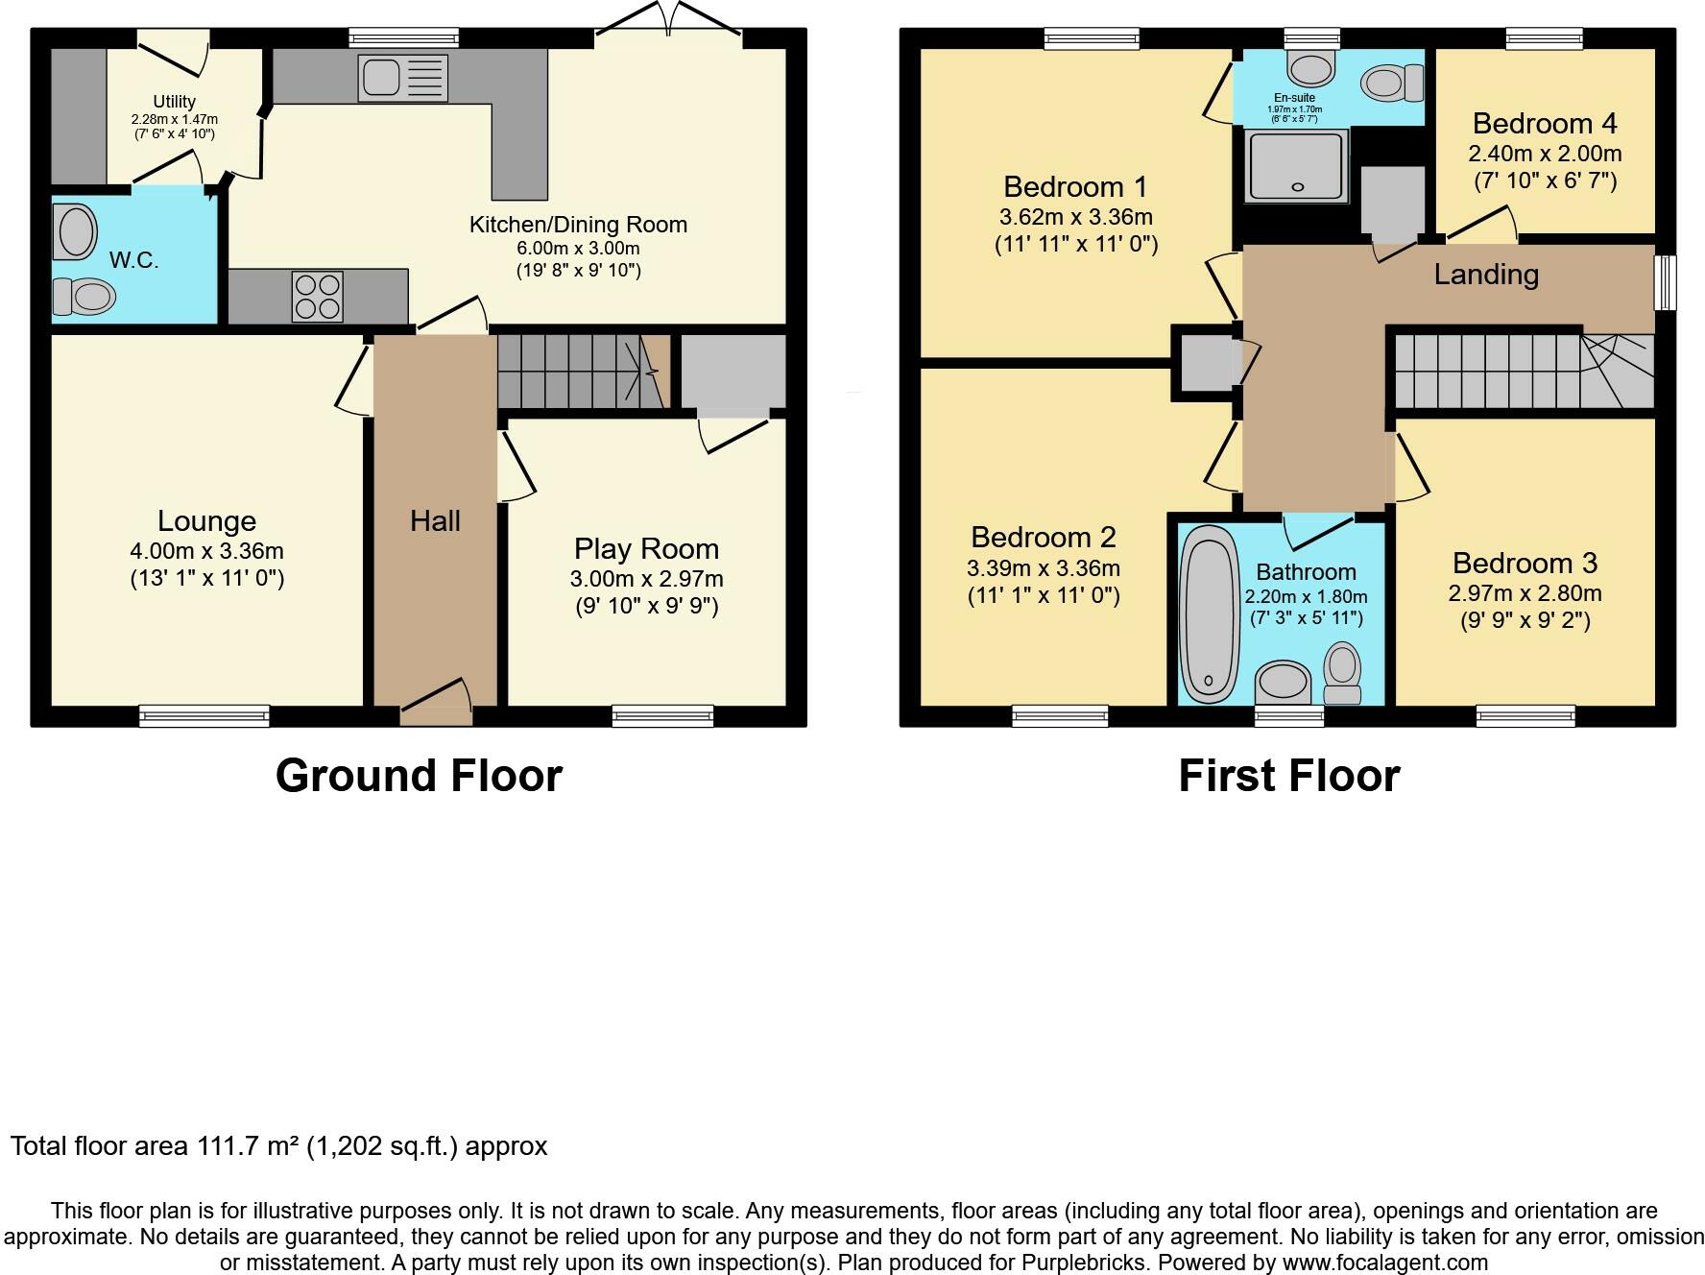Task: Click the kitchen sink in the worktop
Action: click(x=402, y=78)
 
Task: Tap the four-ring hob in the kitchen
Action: click(x=318, y=297)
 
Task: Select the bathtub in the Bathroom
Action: click(x=1210, y=614)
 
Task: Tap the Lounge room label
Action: click(x=207, y=521)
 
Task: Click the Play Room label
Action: click(x=646, y=549)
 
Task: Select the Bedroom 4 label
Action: click(x=1545, y=124)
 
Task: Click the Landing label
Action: click(x=1486, y=275)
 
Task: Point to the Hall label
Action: click(x=435, y=521)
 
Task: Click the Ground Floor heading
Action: click(x=419, y=776)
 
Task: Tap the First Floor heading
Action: click(x=1289, y=776)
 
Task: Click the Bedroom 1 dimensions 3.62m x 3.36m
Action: click(x=1076, y=217)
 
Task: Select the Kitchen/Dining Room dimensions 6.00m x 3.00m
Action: click(x=578, y=248)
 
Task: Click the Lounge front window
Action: click(x=204, y=715)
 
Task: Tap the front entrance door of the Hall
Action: click(x=436, y=702)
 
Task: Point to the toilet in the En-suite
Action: click(x=1392, y=83)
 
